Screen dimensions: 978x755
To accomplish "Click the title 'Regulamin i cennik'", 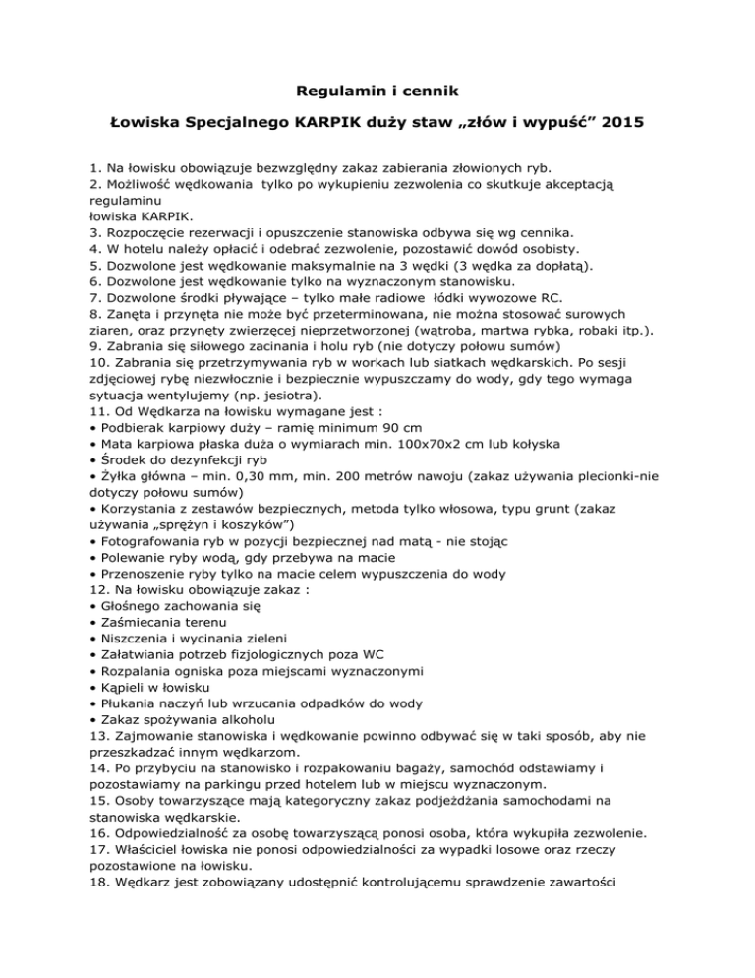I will coord(377,94).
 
